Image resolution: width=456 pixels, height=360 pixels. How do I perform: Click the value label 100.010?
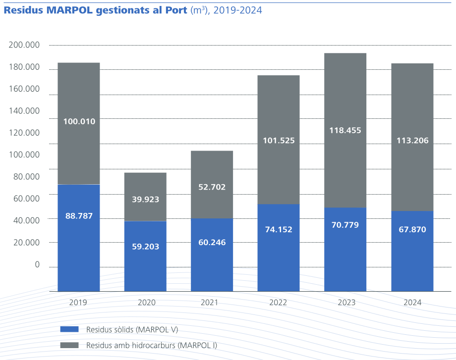point(78,121)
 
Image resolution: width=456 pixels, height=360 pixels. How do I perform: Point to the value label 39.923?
point(145,199)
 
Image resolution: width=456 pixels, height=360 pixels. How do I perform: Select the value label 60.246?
point(212,242)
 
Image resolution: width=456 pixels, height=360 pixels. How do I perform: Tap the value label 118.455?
point(345,131)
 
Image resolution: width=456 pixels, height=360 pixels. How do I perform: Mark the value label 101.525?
point(279,140)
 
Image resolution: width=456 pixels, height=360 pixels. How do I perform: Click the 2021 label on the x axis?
point(212,302)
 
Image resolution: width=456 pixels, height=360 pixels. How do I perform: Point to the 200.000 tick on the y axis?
point(24,45)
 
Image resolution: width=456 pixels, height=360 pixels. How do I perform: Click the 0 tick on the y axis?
point(37,264)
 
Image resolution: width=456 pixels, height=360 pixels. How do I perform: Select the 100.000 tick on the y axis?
point(24,154)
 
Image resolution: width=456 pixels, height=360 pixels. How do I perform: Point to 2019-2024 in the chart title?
point(237,10)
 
